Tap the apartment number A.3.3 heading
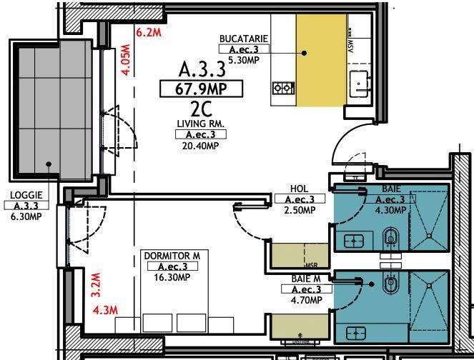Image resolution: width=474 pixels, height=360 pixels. click(x=202, y=70)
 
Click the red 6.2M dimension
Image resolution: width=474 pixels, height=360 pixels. click(x=149, y=31)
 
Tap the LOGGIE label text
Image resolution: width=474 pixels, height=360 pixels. click(x=26, y=195)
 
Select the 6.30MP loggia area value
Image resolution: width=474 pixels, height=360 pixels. click(x=26, y=216)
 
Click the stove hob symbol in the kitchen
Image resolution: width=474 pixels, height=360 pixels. click(x=283, y=89)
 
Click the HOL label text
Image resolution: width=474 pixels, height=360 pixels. click(x=299, y=189)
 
